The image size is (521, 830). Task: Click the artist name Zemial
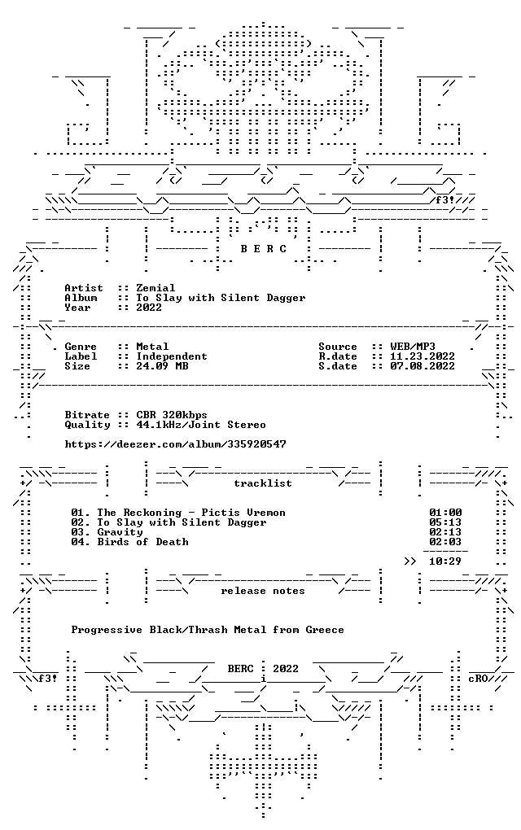(x=155, y=288)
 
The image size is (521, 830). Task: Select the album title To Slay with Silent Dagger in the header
(x=221, y=298)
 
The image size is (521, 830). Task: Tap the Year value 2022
(x=149, y=308)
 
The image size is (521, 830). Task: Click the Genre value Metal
(x=152, y=347)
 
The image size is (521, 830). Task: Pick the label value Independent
(x=172, y=356)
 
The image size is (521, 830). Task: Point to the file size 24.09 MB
(x=162, y=366)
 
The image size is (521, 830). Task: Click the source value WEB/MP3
(x=413, y=347)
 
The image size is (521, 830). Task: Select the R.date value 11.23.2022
(x=422, y=356)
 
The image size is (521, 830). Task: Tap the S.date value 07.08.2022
(x=422, y=366)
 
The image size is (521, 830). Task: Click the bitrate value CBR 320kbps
(x=172, y=415)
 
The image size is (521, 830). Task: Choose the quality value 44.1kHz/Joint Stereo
(x=201, y=425)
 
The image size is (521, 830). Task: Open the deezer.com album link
(x=175, y=444)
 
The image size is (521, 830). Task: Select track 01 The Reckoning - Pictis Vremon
(x=178, y=513)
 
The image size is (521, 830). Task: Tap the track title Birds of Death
(x=143, y=542)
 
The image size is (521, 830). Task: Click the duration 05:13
(x=445, y=522)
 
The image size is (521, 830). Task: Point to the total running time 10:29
(x=445, y=561)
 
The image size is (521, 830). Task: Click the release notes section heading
(x=263, y=591)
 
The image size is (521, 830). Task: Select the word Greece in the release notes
(x=325, y=630)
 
